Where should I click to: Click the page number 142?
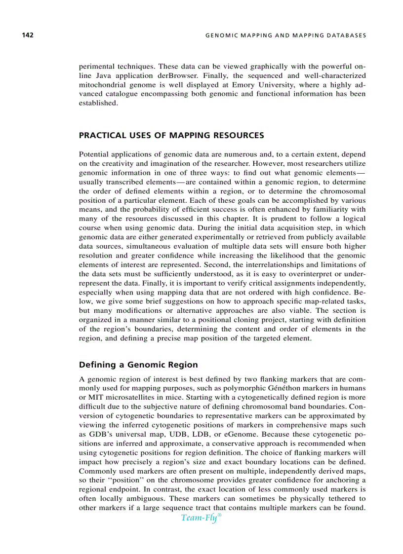[27, 35]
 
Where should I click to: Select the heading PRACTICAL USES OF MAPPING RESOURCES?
[171, 135]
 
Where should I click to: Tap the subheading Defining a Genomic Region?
[138, 365]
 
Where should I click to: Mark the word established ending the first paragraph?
[98, 104]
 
